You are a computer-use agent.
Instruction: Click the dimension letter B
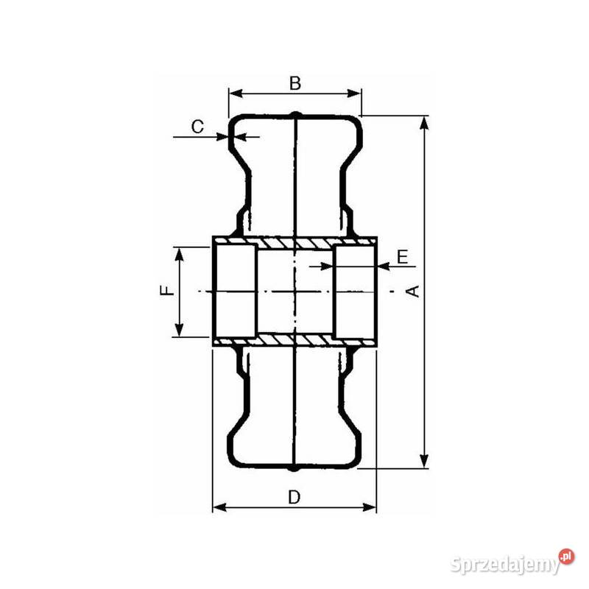coord(294,83)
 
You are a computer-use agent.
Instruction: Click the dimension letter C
coord(197,127)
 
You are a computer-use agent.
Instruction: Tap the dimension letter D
coord(294,497)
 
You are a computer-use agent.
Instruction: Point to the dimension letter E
coord(402,256)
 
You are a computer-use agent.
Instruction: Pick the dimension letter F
coord(168,290)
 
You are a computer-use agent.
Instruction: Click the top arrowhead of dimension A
coord(424,121)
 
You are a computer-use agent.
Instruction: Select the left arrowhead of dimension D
coord(218,507)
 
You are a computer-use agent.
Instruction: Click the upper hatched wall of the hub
coord(294,243)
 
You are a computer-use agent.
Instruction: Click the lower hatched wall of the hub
coord(294,339)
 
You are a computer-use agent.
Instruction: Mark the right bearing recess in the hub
coord(355,292)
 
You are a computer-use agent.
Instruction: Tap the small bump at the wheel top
coord(294,114)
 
